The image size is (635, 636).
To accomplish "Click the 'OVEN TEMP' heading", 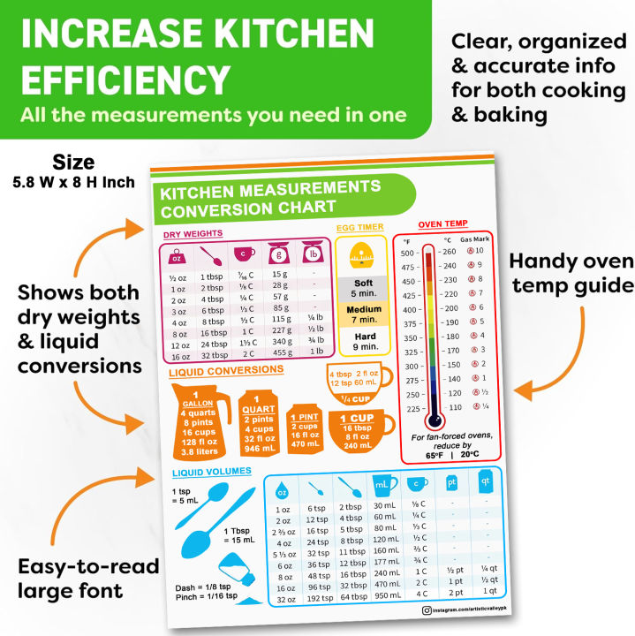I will click(442, 223).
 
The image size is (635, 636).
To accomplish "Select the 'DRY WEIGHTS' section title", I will click(193, 233).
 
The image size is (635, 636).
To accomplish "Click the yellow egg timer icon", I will click(359, 257).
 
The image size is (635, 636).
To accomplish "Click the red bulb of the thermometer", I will click(431, 420).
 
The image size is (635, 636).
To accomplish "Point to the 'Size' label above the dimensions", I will click(73, 163).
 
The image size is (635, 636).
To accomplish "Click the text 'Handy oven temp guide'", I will click(571, 273).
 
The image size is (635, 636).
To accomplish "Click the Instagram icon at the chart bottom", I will click(427, 610).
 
